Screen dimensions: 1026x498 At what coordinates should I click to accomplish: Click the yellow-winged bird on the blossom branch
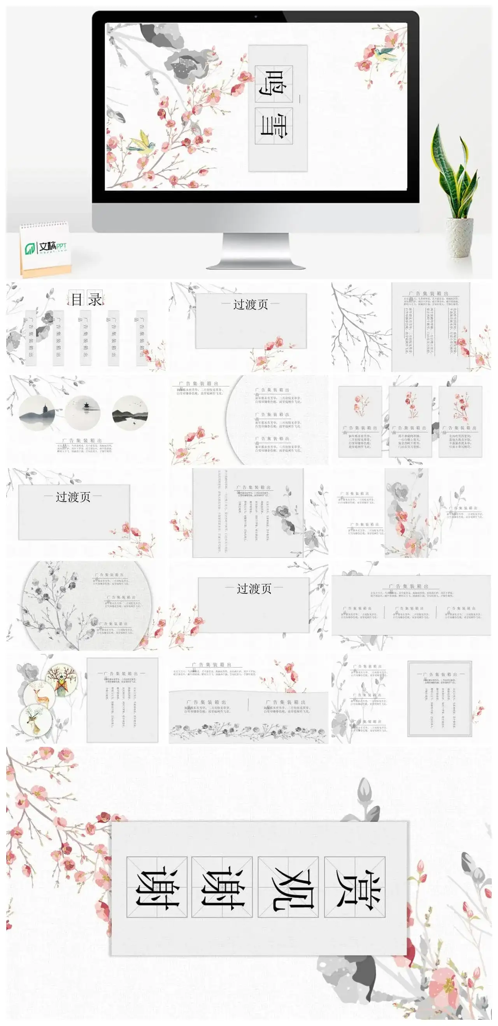pos(142,143)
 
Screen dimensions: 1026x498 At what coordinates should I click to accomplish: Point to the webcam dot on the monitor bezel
pos(256,17)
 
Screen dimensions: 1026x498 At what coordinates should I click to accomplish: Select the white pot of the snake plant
pos(459,238)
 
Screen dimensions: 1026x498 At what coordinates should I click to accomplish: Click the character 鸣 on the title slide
pos(274,84)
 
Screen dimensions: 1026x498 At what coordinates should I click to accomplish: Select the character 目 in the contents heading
pos(77,299)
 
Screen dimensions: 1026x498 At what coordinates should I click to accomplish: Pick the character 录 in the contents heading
pos(95,299)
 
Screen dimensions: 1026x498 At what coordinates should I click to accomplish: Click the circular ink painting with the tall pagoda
pos(37,413)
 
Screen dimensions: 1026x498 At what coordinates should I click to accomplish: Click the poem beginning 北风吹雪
pos(460,441)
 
